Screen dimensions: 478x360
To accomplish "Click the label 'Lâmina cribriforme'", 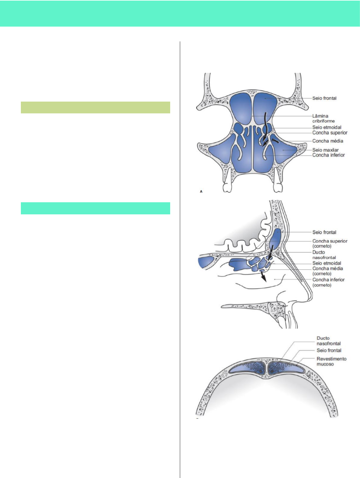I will pos(323,118).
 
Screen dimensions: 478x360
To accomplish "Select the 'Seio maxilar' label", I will pos(325,150).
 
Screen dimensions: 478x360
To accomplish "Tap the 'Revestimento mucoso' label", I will pos(331,361).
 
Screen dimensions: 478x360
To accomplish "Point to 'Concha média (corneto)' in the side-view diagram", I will pos(328,271).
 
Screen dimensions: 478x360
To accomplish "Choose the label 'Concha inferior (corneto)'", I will pos(328,282).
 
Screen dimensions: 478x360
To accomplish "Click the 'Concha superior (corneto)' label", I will pos(330,243).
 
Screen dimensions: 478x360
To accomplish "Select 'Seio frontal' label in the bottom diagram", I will pos(329,350).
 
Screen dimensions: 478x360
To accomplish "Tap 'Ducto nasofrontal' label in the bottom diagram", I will pos(328,341).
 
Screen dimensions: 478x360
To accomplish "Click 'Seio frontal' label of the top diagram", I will pos(324,98).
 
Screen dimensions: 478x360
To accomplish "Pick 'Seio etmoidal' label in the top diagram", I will pos(327,127).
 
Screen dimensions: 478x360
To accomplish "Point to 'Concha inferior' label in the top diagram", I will pos(328,155).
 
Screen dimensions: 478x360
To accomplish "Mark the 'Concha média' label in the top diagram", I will pos(328,141).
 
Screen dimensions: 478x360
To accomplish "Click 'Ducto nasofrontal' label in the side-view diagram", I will pos(324,255).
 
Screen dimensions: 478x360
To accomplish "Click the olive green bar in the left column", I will pos(95,108).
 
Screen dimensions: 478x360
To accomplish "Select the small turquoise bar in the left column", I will pos(95,208).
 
